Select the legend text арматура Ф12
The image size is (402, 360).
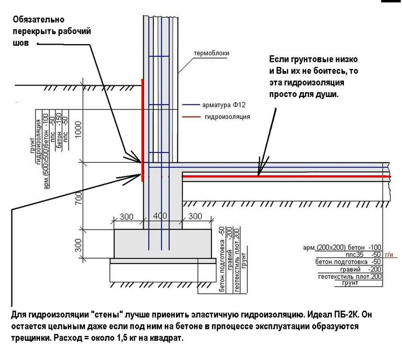point(226,105)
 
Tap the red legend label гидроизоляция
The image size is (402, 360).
point(227,117)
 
